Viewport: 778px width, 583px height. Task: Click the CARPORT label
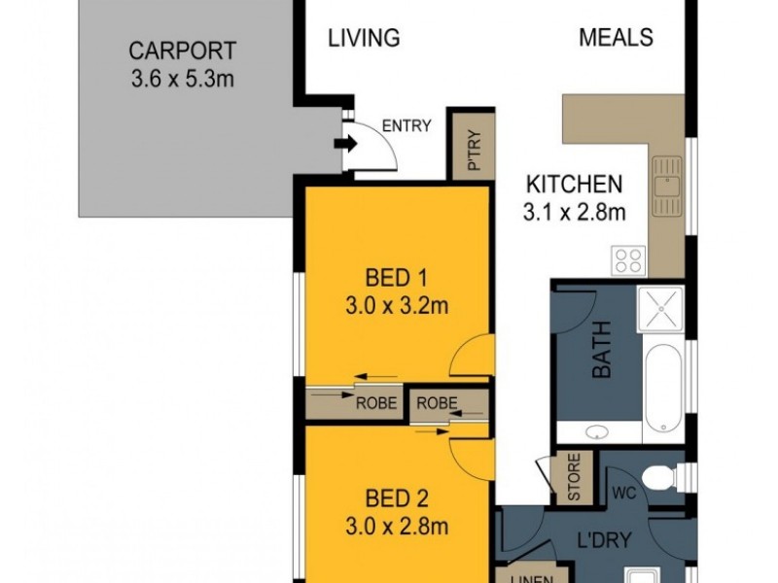[182, 51]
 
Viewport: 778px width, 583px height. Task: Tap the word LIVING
[364, 39]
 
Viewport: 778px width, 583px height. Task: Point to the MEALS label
[616, 39]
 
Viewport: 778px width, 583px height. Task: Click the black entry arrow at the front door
[343, 145]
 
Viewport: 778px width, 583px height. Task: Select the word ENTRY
[407, 125]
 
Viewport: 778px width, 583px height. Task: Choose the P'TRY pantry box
[472, 147]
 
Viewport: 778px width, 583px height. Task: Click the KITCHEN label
[574, 184]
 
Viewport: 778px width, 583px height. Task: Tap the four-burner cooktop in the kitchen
[629, 259]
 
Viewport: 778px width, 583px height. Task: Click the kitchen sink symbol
[667, 186]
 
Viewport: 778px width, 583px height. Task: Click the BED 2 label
[394, 499]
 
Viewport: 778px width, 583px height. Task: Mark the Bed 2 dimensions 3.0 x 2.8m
[394, 528]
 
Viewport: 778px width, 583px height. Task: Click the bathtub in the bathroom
[666, 389]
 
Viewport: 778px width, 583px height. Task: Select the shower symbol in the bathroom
[660, 309]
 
